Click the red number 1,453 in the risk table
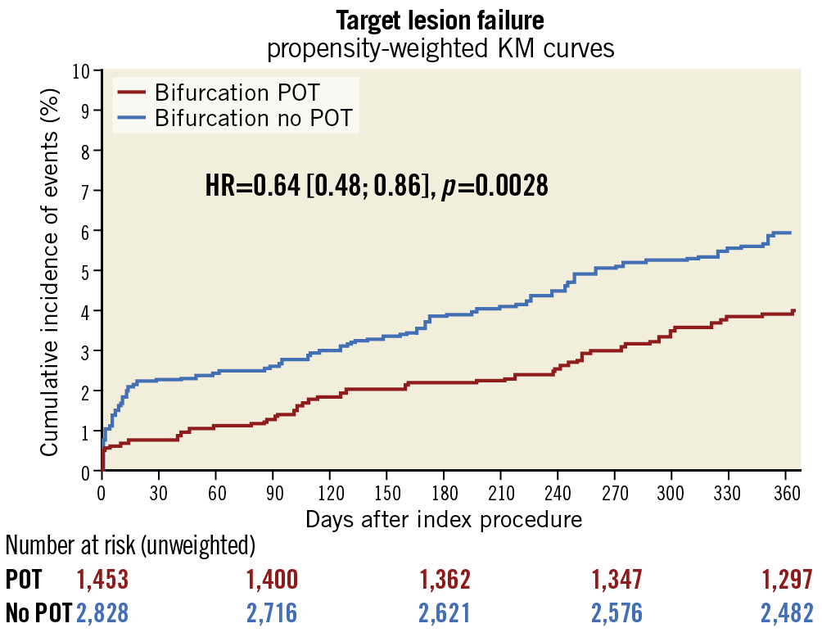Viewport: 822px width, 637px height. (x=102, y=581)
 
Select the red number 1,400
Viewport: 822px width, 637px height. (x=272, y=581)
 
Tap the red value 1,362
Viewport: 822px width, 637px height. (x=445, y=581)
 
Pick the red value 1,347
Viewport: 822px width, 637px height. (x=616, y=581)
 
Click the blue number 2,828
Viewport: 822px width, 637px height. (x=102, y=612)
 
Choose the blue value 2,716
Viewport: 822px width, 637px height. (x=272, y=612)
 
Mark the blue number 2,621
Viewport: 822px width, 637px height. (x=445, y=612)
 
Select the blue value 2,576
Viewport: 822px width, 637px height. (x=616, y=612)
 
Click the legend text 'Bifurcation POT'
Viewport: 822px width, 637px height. (x=237, y=92)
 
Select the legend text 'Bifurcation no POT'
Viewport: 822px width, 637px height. (x=254, y=118)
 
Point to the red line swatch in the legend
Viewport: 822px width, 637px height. (x=133, y=93)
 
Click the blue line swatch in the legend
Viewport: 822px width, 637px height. (x=133, y=119)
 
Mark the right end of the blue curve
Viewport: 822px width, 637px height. (x=790, y=233)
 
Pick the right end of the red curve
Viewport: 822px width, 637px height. (x=793, y=311)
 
